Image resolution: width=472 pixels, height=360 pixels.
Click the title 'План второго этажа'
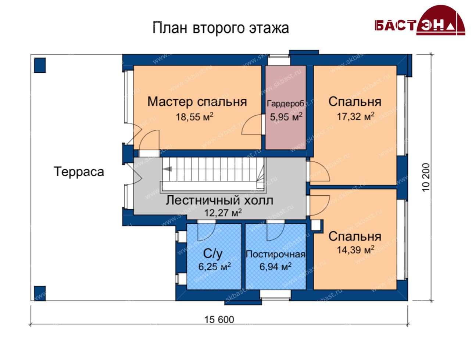(x=221, y=28)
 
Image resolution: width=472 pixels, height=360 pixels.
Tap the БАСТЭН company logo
(x=420, y=20)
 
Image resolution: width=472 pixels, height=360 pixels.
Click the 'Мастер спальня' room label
(x=197, y=102)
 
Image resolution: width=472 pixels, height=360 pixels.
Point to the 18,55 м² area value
(x=194, y=117)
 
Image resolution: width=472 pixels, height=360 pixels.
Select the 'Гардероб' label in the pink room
(x=286, y=104)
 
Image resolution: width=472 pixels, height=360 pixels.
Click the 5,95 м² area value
(x=286, y=117)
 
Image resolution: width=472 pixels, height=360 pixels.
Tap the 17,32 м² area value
(x=355, y=116)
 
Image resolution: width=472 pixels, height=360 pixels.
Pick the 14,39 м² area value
(x=355, y=250)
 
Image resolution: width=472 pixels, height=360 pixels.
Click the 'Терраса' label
(x=79, y=172)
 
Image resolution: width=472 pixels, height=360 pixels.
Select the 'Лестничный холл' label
(x=219, y=200)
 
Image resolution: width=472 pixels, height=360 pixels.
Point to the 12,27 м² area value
(x=223, y=213)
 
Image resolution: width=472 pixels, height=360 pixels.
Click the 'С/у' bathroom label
(x=213, y=254)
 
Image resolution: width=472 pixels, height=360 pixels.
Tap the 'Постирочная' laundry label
(x=275, y=254)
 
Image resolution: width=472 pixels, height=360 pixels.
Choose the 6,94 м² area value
(x=275, y=267)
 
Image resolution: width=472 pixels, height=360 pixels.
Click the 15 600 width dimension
(x=219, y=320)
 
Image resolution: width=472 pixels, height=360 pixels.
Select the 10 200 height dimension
(x=426, y=177)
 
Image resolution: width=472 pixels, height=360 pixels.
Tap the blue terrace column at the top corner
(x=40, y=65)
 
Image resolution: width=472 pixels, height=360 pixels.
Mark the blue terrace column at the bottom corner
(x=40, y=293)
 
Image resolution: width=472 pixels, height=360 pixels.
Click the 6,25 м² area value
(x=214, y=267)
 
